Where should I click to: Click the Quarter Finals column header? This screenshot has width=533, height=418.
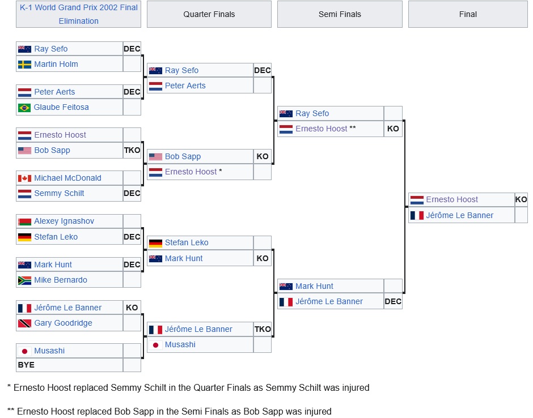point(209,14)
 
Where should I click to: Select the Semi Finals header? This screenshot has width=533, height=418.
point(340,14)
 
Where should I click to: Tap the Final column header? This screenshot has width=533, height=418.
point(468,14)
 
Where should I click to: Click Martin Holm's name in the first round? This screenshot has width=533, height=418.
point(56,64)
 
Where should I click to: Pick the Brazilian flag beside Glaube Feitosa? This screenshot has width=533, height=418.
point(24,108)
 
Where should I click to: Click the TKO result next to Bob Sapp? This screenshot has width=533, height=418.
point(132,150)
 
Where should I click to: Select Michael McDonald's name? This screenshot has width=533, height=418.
point(67,178)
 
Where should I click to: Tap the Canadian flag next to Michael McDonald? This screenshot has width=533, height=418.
point(24,178)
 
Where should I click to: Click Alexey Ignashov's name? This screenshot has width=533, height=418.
point(64,221)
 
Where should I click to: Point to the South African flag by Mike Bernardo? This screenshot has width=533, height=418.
point(24,280)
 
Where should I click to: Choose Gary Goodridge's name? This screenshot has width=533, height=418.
point(63,323)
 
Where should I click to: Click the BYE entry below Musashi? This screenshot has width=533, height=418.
point(26,365)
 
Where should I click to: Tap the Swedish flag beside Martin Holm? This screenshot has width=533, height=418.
point(24,65)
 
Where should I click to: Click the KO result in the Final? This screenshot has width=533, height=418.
point(521,199)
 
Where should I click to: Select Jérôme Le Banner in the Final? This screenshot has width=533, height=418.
point(459,215)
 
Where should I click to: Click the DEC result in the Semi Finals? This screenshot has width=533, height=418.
point(393,301)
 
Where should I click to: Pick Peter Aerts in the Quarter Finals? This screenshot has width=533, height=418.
point(185,86)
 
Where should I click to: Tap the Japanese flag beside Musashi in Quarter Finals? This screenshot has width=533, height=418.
point(155,345)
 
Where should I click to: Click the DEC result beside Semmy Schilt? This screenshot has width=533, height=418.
point(132,193)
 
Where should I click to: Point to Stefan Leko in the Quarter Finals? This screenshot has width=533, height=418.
point(187,242)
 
